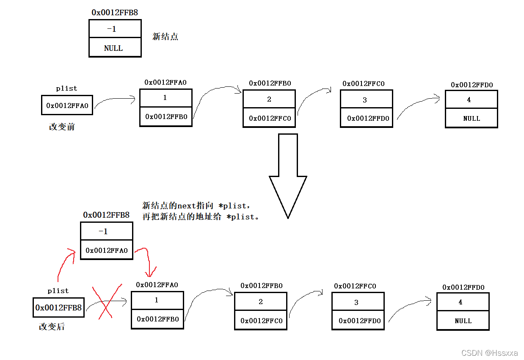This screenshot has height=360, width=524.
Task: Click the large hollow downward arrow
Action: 288,174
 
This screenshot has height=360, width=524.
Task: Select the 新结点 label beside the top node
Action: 165,37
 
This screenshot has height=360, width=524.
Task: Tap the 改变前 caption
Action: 62,127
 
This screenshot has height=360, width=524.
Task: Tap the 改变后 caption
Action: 52,327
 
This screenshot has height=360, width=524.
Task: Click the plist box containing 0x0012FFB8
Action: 58,307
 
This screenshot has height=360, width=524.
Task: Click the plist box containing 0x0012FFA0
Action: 67,105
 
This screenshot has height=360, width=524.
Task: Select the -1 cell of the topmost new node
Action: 115,29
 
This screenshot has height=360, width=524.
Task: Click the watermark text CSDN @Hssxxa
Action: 489,353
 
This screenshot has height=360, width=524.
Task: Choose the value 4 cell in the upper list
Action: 471,100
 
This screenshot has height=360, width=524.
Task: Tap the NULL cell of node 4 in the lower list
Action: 463,321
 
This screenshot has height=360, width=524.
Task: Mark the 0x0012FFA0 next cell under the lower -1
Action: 107,250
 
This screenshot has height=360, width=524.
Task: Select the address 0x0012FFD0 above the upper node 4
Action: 471,85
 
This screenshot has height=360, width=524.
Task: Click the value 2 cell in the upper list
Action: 269,99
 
